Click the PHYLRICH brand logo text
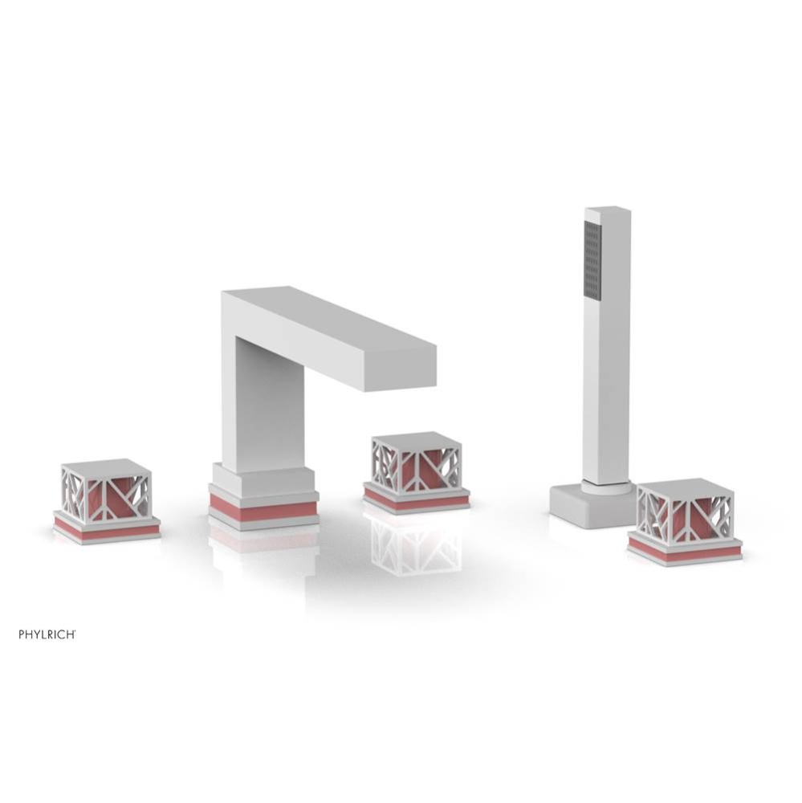pos(47,634)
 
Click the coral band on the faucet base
pos(263,509)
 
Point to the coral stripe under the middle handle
pos(416,500)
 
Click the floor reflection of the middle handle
pos(416,546)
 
